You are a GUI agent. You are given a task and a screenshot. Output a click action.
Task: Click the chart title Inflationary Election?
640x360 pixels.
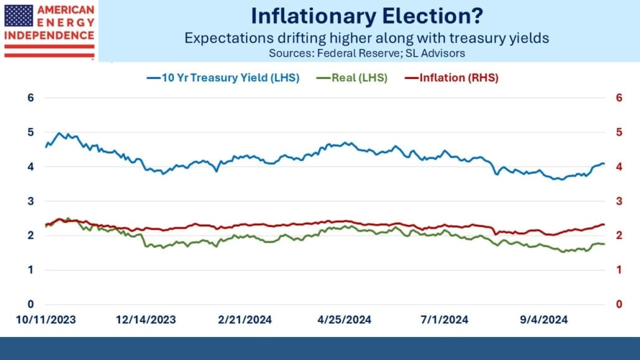pyautogui.click(x=367, y=16)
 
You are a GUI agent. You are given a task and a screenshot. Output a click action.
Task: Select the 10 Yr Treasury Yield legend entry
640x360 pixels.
pyautogui.click(x=223, y=78)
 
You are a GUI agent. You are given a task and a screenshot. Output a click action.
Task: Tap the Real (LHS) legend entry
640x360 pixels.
pyautogui.click(x=352, y=78)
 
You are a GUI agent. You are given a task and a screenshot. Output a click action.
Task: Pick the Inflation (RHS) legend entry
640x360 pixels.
pyautogui.click(x=452, y=78)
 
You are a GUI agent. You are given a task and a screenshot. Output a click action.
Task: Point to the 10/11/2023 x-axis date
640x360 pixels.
pyautogui.click(x=46, y=320)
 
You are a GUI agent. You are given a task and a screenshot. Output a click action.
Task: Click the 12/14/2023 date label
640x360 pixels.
pyautogui.click(x=146, y=320)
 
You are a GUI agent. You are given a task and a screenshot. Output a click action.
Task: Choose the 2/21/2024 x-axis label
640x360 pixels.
pyautogui.click(x=245, y=320)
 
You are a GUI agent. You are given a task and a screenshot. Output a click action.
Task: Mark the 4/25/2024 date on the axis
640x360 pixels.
pyautogui.click(x=344, y=320)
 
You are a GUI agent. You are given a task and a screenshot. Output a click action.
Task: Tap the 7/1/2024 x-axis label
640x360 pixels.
pyautogui.click(x=444, y=320)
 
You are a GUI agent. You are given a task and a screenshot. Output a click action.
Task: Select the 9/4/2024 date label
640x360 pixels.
pyautogui.click(x=544, y=320)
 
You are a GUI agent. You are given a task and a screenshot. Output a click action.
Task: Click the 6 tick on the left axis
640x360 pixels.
pyautogui.click(x=30, y=98)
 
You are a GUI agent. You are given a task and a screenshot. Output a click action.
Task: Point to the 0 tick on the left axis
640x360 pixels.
pyautogui.click(x=30, y=304)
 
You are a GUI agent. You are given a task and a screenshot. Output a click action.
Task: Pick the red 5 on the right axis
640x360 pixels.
pyautogui.click(x=619, y=132)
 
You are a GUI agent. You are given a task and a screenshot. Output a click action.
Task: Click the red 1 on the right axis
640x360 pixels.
pyautogui.click(x=619, y=270)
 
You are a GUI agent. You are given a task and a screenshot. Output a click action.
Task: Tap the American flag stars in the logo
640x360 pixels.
pyautogui.click(x=19, y=16)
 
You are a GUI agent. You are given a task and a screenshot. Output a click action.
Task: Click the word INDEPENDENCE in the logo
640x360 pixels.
pyautogui.click(x=49, y=35)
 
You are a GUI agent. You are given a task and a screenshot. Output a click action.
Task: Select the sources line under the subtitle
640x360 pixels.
pyautogui.click(x=367, y=53)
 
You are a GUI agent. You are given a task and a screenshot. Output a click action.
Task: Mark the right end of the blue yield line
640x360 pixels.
pyautogui.click(x=604, y=164)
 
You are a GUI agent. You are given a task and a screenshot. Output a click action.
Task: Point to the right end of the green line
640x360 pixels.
pyautogui.click(x=604, y=244)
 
